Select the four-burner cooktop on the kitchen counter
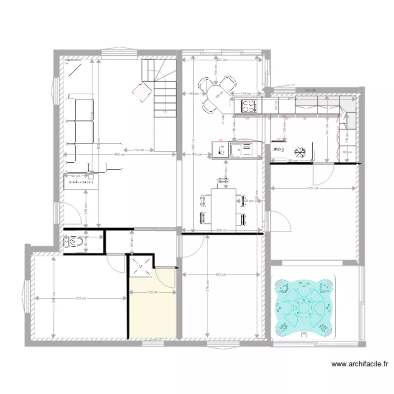click(248, 106)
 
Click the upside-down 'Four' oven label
click(277, 149)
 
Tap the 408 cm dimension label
click(120, 155)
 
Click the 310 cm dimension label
click(314, 188)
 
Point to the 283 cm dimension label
click(220, 274)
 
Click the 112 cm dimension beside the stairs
click(138, 150)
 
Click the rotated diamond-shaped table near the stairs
click(142, 91)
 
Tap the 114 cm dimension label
click(244, 94)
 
